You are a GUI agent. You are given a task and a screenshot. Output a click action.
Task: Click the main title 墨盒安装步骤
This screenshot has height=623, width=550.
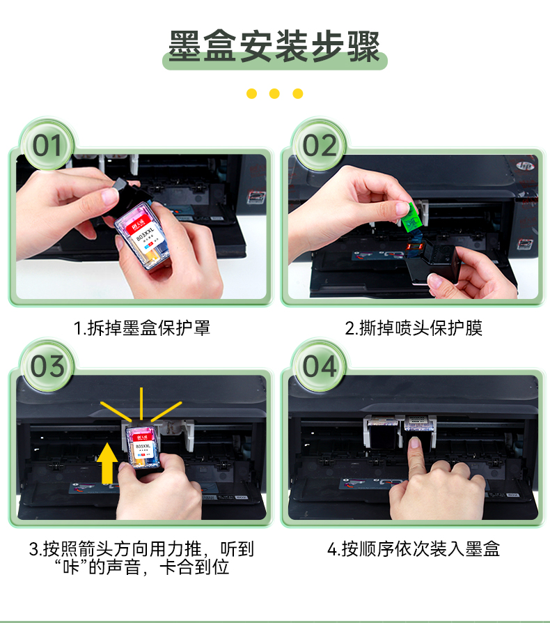pos(274,46)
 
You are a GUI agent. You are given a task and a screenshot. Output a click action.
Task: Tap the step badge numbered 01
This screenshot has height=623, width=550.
pos(47,146)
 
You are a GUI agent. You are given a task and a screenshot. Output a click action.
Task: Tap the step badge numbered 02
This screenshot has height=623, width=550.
pos(320,146)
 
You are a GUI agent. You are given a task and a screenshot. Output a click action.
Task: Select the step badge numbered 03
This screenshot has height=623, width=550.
pos(47,367)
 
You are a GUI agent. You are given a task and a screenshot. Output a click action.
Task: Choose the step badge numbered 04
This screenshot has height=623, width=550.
pos(320,367)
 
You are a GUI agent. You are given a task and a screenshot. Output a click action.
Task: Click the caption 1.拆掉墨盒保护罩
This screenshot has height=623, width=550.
pos(141,328)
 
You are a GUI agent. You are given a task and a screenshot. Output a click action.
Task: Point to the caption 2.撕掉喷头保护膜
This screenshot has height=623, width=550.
pos(414,328)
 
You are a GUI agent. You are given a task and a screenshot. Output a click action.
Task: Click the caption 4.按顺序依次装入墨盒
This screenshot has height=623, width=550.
pos(414,549)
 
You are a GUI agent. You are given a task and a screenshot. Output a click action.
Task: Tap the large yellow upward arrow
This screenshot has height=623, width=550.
pos(107,463)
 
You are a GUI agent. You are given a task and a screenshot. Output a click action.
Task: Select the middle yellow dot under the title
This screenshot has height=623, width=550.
pos(274,93)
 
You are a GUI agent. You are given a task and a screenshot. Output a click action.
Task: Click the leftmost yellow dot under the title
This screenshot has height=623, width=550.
pos(251,93)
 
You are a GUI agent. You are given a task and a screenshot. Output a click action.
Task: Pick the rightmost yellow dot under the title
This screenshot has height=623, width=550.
pos(297,93)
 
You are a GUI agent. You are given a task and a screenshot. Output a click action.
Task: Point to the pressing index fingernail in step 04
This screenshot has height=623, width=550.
pos(415,443)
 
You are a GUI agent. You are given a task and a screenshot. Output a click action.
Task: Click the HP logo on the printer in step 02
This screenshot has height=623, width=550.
pos(526,165)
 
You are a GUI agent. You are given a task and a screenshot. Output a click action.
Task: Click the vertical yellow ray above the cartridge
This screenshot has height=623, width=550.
pos(141,403)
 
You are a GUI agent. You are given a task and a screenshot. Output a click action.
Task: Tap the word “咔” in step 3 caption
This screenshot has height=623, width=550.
pos(72,567)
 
